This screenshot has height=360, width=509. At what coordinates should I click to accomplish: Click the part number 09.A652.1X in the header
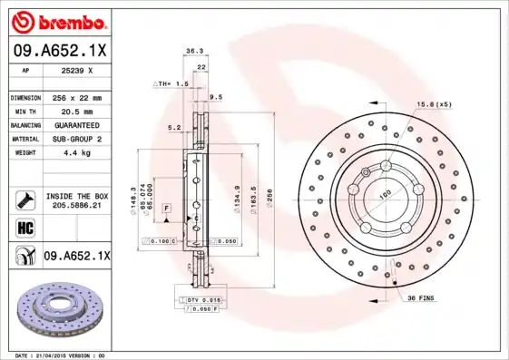[x=60, y=51]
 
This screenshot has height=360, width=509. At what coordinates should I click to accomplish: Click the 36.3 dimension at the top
[x=193, y=52]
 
